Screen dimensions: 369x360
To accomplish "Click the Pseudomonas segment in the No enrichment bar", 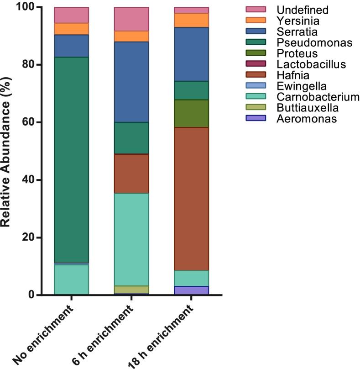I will pyautogui.click(x=71, y=160).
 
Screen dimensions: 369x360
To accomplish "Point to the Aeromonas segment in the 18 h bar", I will pyautogui.click(x=191, y=290).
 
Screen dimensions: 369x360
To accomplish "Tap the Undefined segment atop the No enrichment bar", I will pyautogui.click(x=71, y=15).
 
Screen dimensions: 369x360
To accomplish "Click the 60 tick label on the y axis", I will pyautogui.click(x=28, y=122).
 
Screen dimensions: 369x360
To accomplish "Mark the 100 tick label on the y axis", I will pyautogui.click(x=25, y=7).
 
